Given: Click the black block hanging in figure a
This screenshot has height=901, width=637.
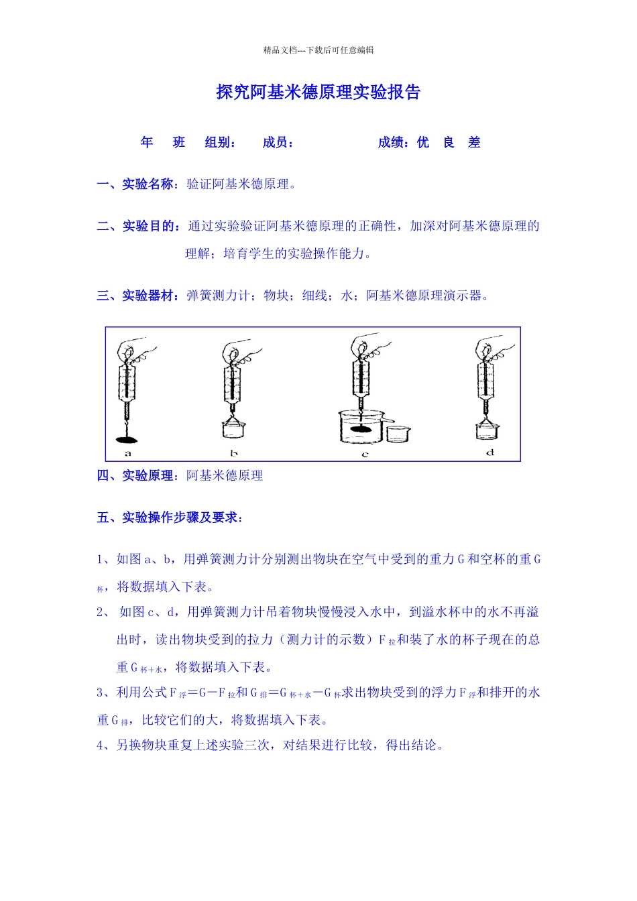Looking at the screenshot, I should click(x=126, y=439).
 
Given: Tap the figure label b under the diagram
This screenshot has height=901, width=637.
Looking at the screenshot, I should click(x=234, y=454).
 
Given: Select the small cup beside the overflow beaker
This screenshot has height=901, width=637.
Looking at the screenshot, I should click(x=398, y=434).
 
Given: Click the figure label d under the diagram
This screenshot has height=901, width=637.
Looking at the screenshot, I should click(x=490, y=453).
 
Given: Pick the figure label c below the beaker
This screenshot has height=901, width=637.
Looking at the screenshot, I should click(x=365, y=455).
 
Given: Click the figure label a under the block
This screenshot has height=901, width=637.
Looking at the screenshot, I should click(x=128, y=454).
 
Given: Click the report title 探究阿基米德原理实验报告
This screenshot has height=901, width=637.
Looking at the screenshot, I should click(x=318, y=92).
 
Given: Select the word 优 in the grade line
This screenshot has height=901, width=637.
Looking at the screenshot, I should click(x=422, y=142).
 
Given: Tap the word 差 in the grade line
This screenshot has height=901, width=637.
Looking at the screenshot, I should click(x=474, y=142).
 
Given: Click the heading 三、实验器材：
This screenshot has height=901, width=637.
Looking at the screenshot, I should click(x=138, y=296).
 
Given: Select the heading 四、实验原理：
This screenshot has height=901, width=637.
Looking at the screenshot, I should click(x=138, y=476).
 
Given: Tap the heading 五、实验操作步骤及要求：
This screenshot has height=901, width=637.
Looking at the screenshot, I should click(x=170, y=518).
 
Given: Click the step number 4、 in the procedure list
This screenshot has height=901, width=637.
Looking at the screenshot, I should click(x=105, y=745).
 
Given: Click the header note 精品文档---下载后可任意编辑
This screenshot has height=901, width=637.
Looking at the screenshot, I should click(x=318, y=50).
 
